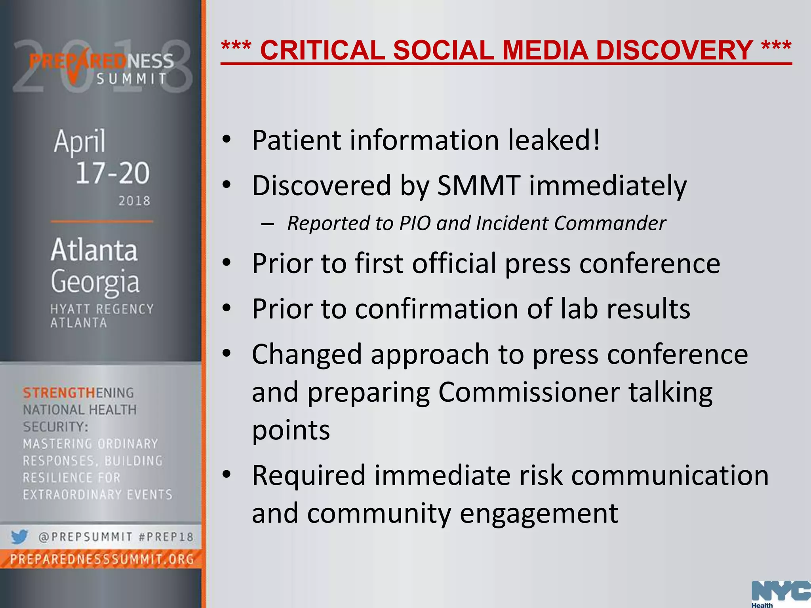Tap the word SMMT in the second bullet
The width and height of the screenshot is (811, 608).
pos(478,185)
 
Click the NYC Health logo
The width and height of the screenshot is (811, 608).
pos(780,594)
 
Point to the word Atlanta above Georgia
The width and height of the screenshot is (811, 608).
pos(94,250)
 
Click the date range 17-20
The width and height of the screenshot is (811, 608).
pos(112,173)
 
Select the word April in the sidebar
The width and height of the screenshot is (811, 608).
pos(80,141)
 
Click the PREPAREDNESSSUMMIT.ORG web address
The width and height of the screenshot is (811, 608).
pos(102,559)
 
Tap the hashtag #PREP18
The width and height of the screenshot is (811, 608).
pos(166,537)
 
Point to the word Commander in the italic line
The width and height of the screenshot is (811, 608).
pos(610,223)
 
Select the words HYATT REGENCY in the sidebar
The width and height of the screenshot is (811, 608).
pos(102,309)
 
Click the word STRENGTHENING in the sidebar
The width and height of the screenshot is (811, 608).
pos(78,393)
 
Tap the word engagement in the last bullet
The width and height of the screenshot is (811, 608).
pos(539,513)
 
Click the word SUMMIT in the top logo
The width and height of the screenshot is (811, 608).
pos(132,79)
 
